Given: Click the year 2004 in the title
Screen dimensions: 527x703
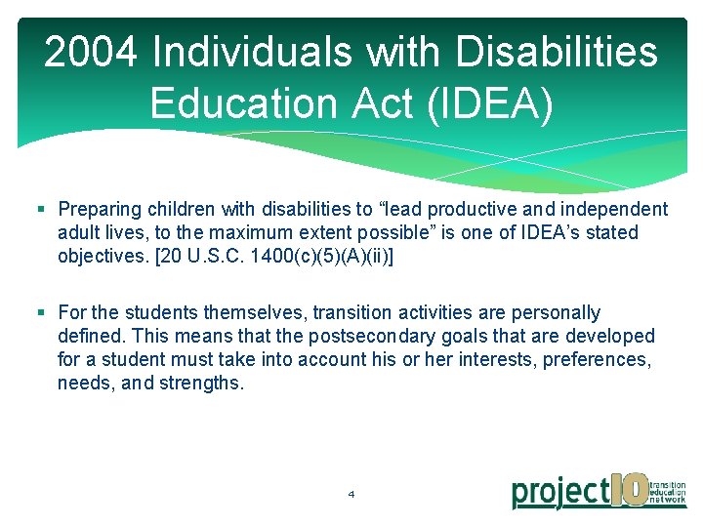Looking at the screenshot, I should tap(90, 54).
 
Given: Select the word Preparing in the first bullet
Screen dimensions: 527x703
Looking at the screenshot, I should tap(99, 209).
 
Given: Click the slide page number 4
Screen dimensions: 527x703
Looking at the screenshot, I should tap(351, 494).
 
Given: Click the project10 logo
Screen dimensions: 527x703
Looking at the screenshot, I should tap(598, 489).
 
